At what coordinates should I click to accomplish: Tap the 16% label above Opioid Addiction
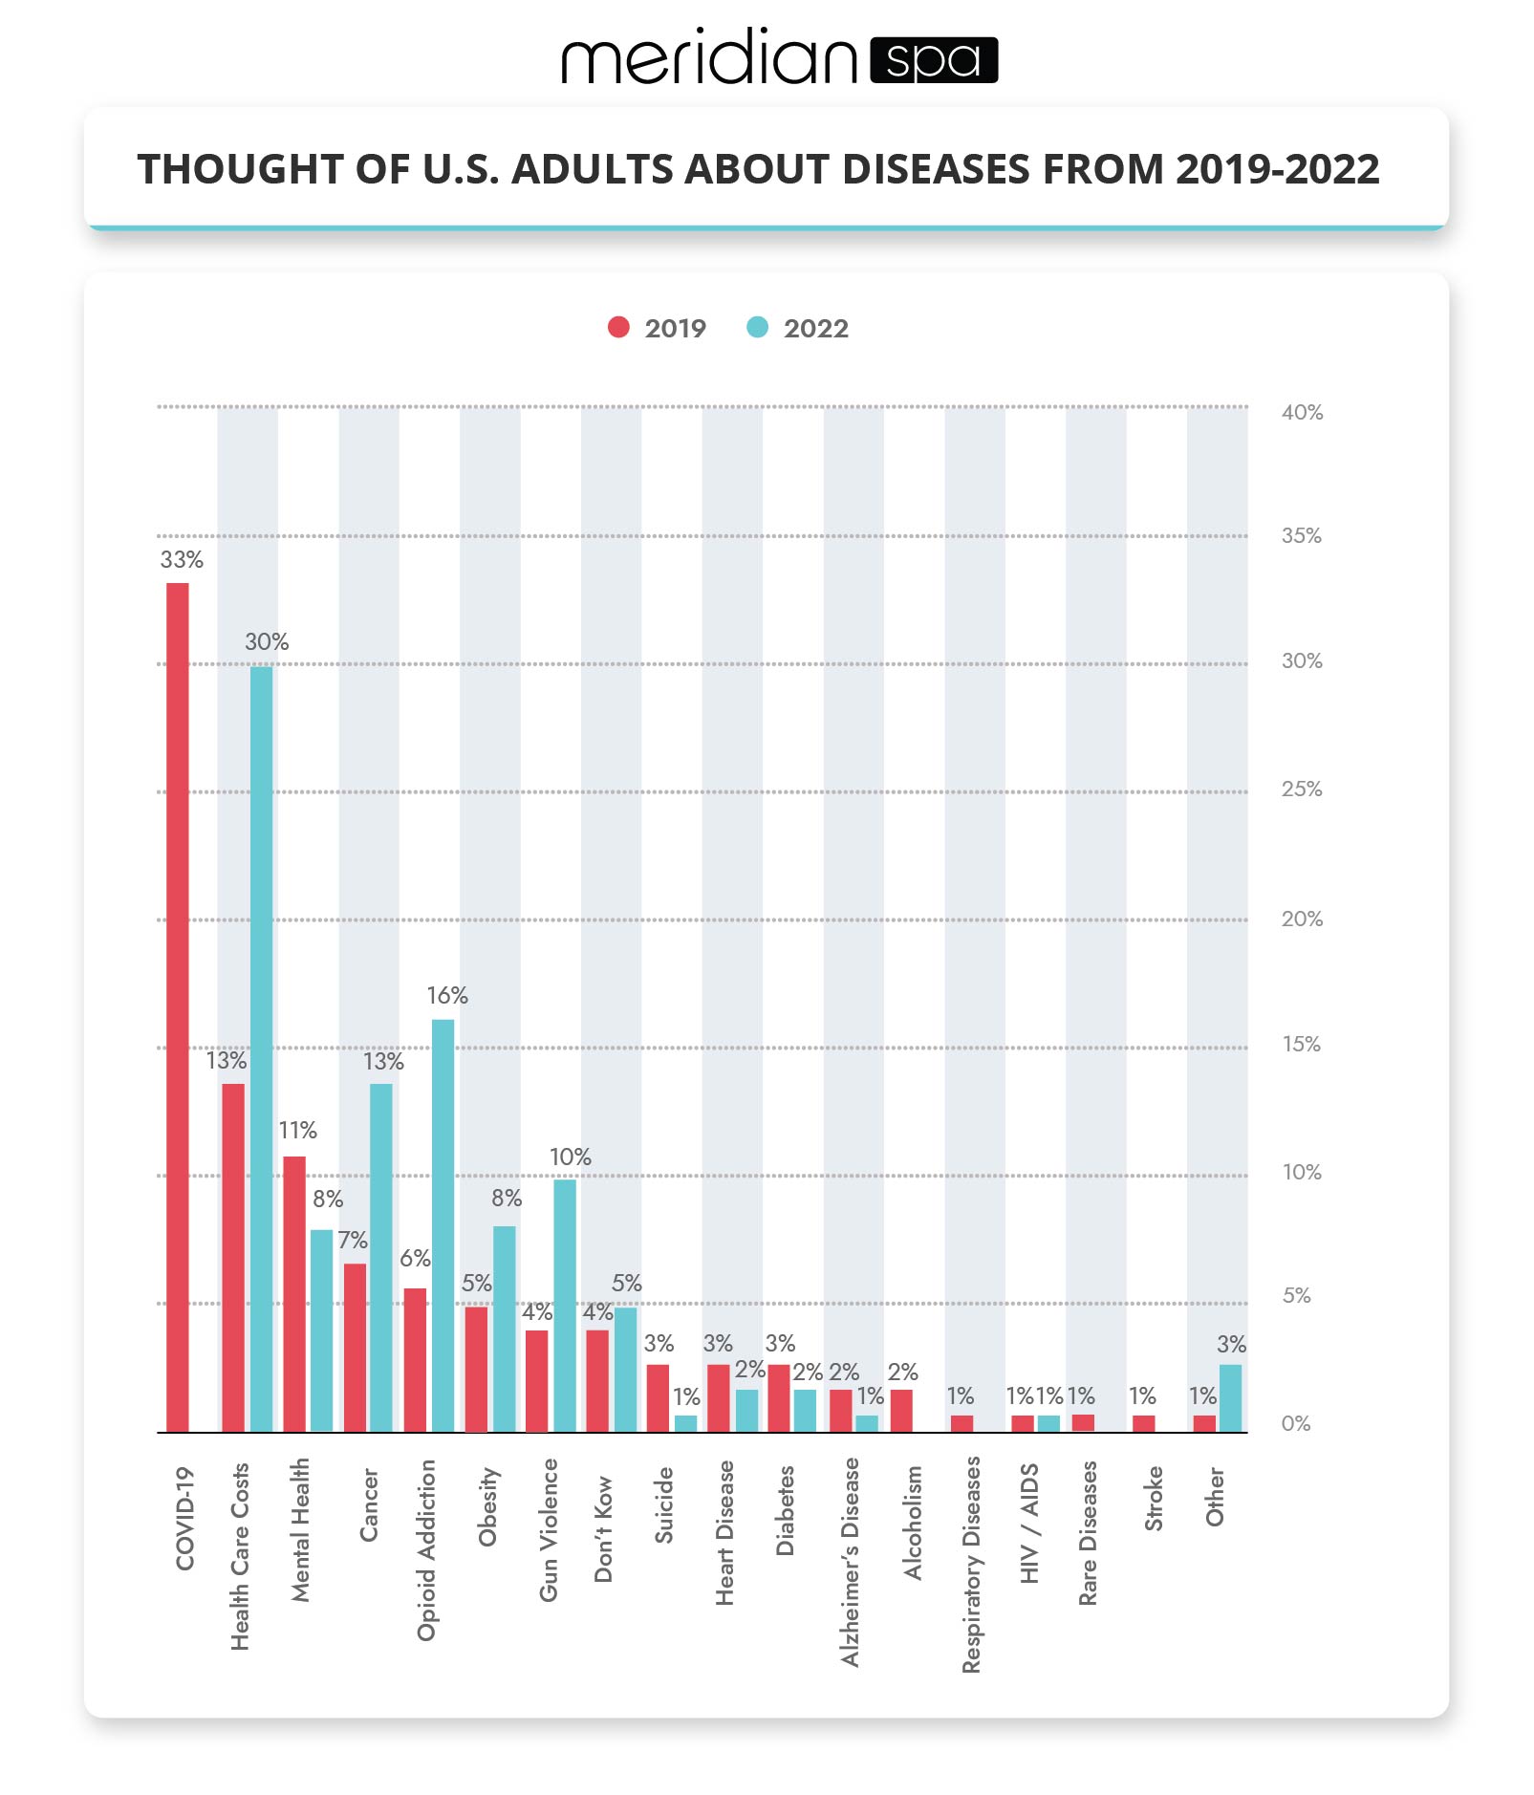coord(446,995)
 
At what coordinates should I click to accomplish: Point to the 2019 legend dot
coord(618,327)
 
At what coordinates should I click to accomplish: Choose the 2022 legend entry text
coord(815,328)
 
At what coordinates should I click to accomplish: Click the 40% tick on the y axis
coord(1302,412)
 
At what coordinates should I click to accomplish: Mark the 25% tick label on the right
coord(1302,789)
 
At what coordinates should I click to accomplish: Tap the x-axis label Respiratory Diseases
coord(971,1564)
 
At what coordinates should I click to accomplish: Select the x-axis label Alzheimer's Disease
coord(850,1562)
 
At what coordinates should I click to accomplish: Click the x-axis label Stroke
coord(1154,1499)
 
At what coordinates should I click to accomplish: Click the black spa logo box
coord(934,60)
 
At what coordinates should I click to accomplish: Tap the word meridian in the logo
coord(709,59)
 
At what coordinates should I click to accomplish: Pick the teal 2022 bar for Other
coord(1230,1397)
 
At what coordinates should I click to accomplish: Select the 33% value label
coord(182,559)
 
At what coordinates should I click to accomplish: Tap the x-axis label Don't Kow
coord(603,1528)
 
